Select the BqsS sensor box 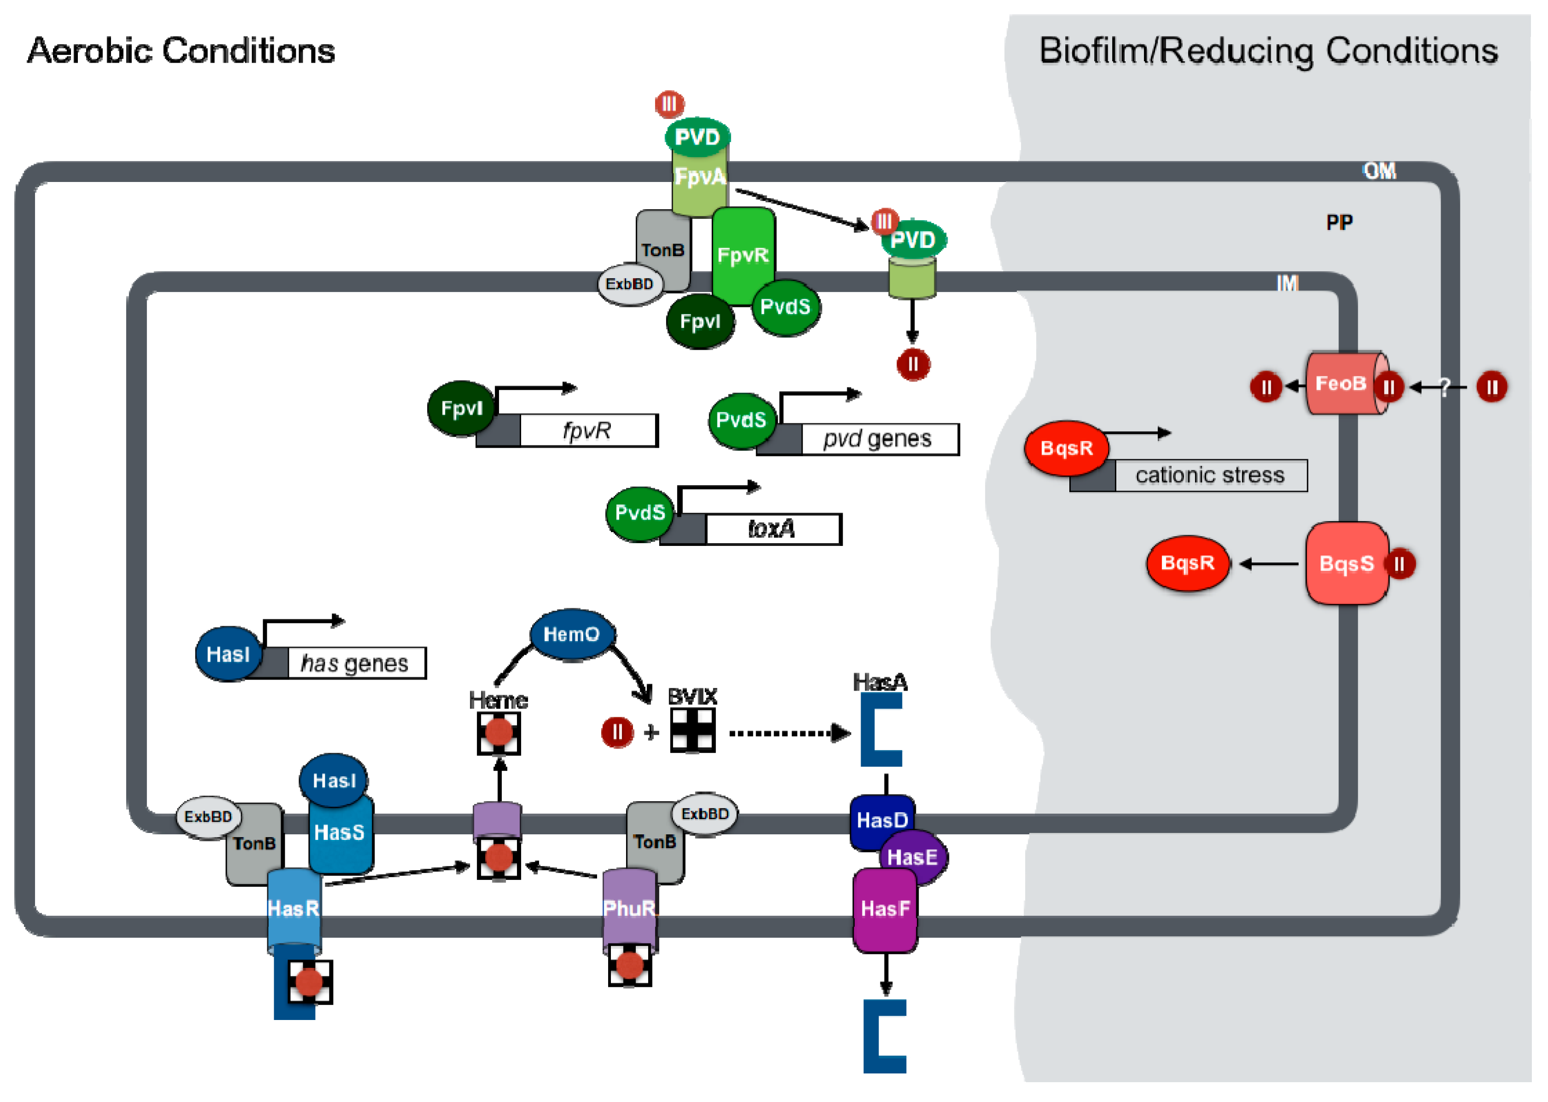1347,564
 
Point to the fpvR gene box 588,431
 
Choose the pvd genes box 879,440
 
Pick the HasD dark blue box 881,821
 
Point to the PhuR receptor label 629,909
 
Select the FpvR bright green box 744,256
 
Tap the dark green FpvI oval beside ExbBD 700,322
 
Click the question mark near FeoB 1444,387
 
